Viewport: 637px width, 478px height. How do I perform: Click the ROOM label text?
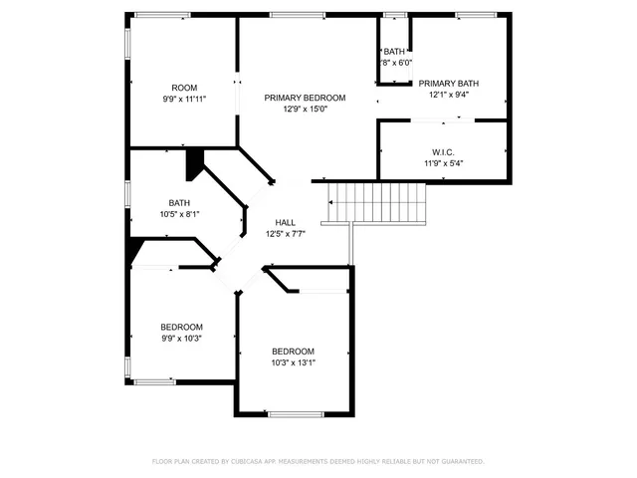pos(184,87)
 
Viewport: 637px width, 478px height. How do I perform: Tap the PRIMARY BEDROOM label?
pos(305,98)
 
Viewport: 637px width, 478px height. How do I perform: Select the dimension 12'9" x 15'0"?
pos(305,109)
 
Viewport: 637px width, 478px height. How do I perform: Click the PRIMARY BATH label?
pos(449,84)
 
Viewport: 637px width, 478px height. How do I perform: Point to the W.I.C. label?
pos(444,152)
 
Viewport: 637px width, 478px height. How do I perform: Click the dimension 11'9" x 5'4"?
pos(444,163)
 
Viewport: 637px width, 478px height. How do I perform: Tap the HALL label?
pos(285,222)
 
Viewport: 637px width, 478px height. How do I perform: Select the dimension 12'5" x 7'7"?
pos(285,233)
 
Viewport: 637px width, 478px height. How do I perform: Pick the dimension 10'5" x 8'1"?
pos(179,213)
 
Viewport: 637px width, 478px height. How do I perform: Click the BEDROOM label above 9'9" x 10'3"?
pos(182,327)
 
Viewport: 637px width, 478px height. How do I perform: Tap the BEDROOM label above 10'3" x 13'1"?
pos(294,352)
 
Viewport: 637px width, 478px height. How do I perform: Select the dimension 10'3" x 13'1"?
pos(294,362)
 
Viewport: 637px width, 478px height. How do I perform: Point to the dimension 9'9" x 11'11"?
pos(184,99)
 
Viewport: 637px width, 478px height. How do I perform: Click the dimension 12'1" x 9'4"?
pos(449,96)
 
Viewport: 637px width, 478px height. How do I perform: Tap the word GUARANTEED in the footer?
pos(461,461)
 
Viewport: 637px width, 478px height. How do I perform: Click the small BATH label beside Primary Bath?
pos(395,52)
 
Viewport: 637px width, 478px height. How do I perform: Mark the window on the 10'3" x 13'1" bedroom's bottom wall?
pos(294,413)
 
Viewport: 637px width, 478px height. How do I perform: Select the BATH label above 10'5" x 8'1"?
pos(179,202)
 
